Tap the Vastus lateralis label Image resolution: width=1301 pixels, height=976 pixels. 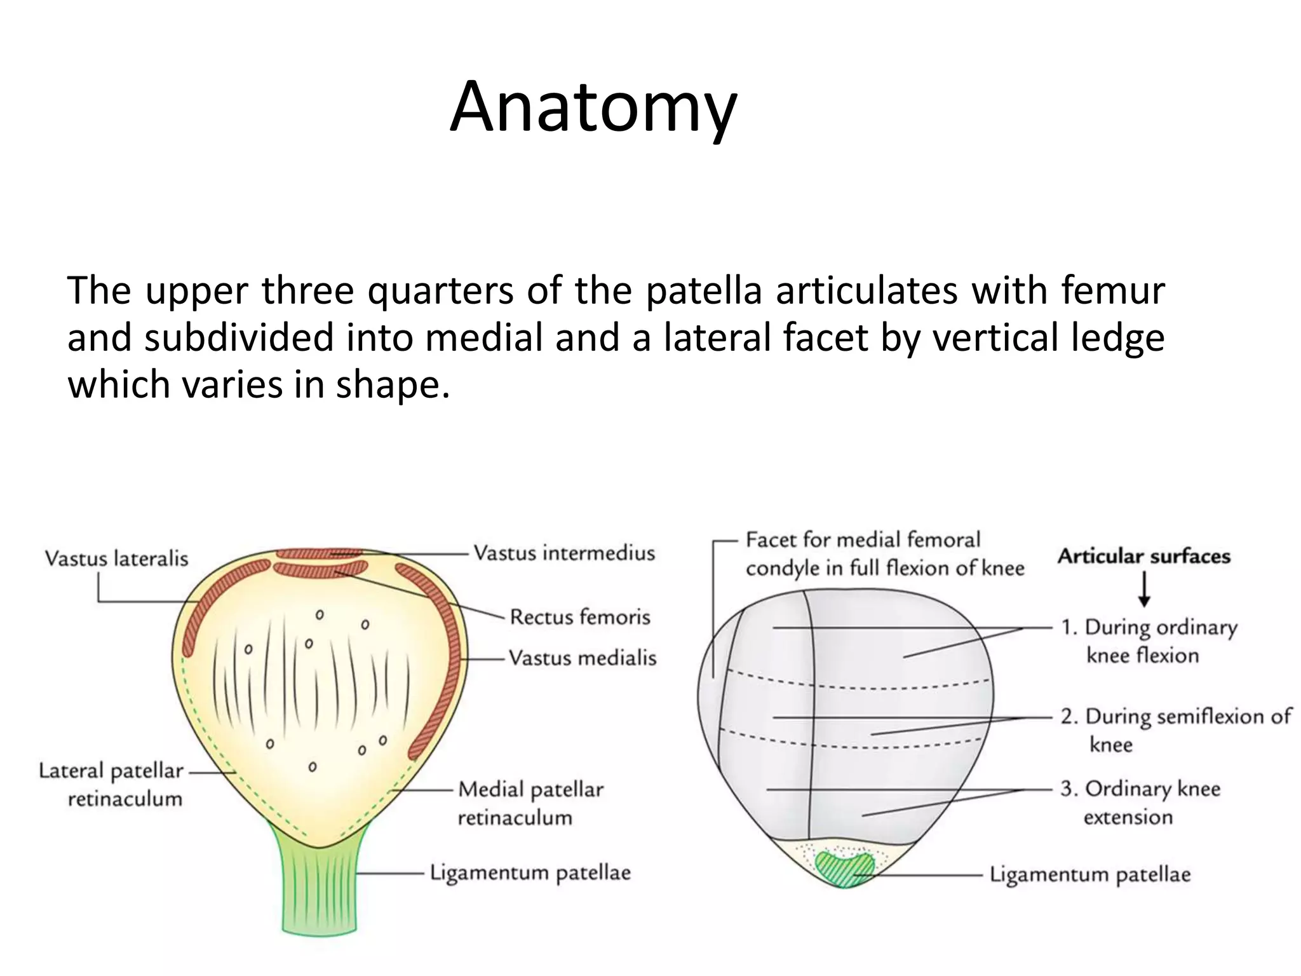117,559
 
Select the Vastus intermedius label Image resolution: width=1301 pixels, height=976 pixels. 564,553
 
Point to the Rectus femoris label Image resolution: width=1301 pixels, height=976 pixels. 580,617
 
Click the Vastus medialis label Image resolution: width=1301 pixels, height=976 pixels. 583,658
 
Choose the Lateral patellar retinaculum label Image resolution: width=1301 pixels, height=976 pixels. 112,784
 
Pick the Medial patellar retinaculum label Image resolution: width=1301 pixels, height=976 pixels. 530,803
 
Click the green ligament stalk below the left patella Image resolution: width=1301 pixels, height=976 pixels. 320,890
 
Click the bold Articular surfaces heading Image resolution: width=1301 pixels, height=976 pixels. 1143,557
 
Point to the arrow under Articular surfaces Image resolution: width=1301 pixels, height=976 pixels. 1144,589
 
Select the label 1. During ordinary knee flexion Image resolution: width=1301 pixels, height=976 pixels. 1149,641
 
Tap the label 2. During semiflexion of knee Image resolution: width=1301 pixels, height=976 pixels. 1175,730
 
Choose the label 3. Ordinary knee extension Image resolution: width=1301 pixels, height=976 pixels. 1140,803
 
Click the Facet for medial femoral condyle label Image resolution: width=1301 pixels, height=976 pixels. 884,553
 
